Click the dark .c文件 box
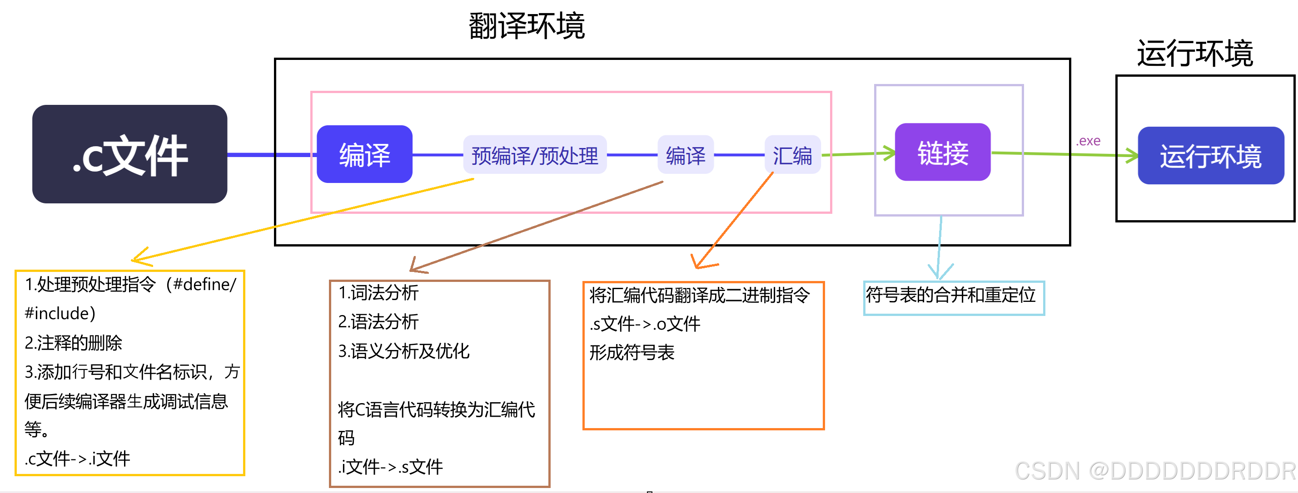pos(129,154)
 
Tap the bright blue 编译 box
pos(364,154)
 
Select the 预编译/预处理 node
pos(534,155)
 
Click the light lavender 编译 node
pos(685,155)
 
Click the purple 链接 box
pos(942,152)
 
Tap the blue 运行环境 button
pos(1210,156)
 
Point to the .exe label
pos(1088,141)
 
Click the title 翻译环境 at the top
pos(526,26)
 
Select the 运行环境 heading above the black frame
pos(1195,54)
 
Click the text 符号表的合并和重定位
pos(950,295)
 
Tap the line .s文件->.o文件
pos(645,324)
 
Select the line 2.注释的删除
pos(74,343)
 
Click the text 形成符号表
pos(632,353)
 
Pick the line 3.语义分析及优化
pos(403,351)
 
